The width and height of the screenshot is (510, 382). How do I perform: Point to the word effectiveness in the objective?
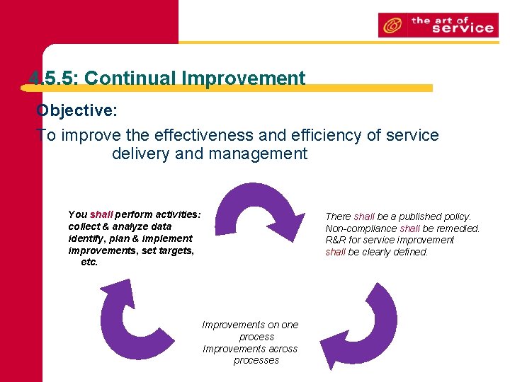pos(195,135)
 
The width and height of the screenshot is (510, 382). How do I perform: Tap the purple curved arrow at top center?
pos(259,209)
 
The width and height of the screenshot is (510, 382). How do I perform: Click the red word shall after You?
pos(101,214)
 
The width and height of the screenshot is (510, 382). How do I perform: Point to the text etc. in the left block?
pos(89,262)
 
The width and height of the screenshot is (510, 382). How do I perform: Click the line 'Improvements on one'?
pos(250,325)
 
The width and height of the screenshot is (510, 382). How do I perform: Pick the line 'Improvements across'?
pos(250,349)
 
